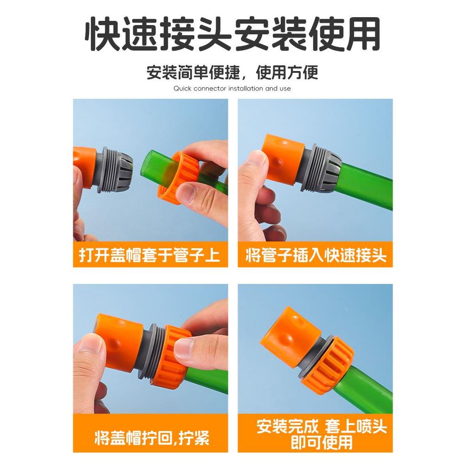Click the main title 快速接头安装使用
point(232,35)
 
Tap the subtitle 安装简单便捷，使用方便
point(232,73)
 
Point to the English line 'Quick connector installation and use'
point(232,88)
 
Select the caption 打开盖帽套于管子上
point(150,255)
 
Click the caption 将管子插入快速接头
point(316,255)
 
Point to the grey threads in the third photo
point(155,353)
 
